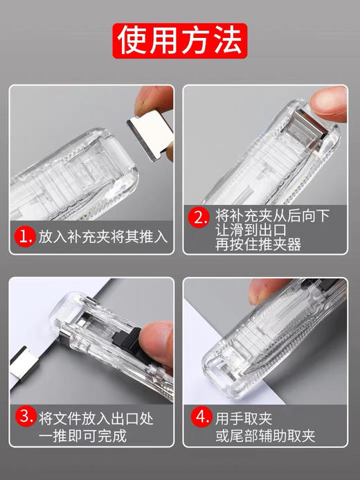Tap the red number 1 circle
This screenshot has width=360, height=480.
click(26, 238)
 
